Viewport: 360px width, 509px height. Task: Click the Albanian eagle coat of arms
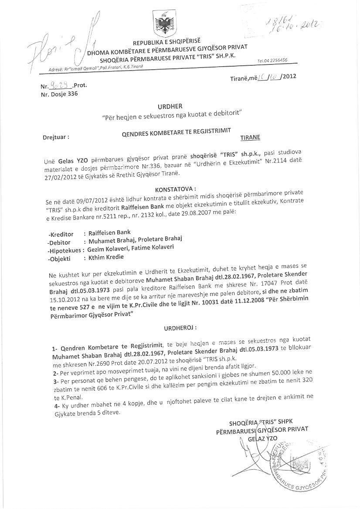pos(165,24)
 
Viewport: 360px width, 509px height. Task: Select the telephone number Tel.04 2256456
pos(272,61)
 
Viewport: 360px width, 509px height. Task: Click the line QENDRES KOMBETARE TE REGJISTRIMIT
pos(176,131)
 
